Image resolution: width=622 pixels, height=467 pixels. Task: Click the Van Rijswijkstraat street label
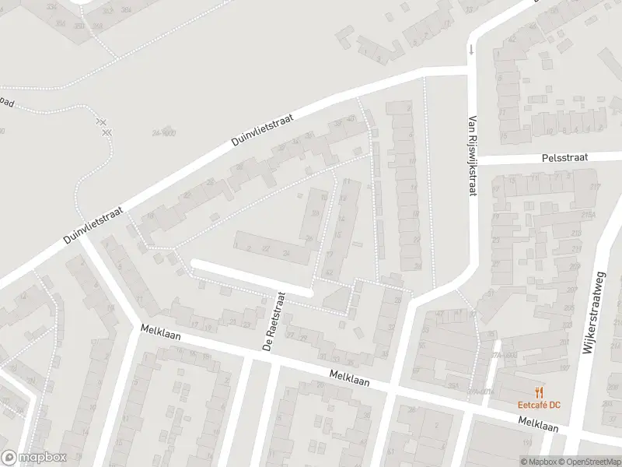click(x=472, y=156)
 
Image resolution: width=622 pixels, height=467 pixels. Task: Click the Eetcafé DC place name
click(x=539, y=405)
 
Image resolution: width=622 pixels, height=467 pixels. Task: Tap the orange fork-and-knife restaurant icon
click(x=538, y=392)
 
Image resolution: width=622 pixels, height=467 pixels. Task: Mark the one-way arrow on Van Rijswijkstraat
click(x=470, y=51)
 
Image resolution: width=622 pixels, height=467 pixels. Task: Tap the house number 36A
click(x=453, y=384)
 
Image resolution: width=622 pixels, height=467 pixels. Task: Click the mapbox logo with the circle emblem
click(x=33, y=458)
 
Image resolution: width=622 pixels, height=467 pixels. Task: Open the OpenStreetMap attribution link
click(x=590, y=462)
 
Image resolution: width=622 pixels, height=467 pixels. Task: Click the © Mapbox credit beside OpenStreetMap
click(x=540, y=462)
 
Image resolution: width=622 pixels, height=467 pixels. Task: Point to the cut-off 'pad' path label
click(x=6, y=102)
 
